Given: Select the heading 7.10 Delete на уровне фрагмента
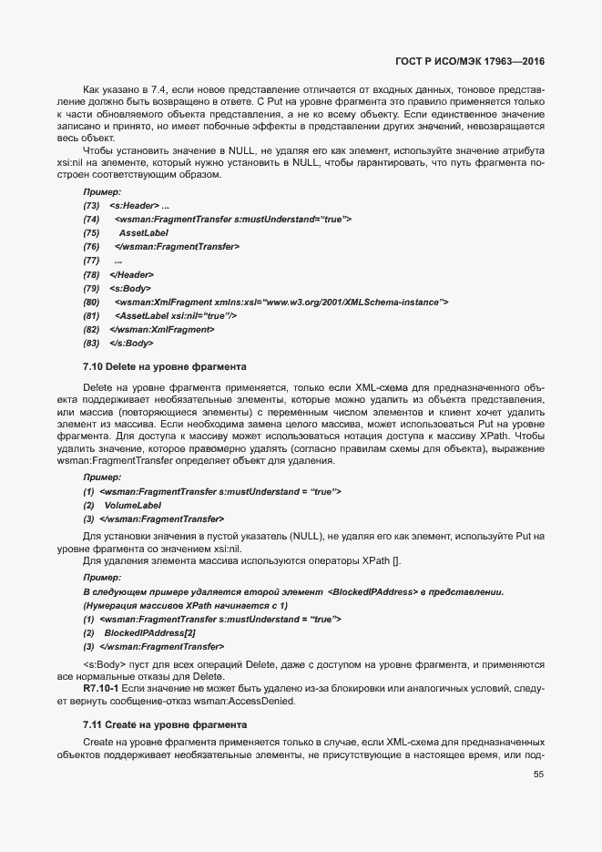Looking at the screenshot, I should click(164, 367).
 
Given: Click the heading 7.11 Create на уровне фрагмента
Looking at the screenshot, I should click(164, 724).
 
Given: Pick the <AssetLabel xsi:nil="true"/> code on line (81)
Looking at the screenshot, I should click(176, 315).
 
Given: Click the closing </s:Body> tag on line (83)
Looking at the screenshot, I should click(131, 343).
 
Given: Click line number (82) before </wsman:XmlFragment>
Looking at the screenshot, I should click(91, 329).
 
